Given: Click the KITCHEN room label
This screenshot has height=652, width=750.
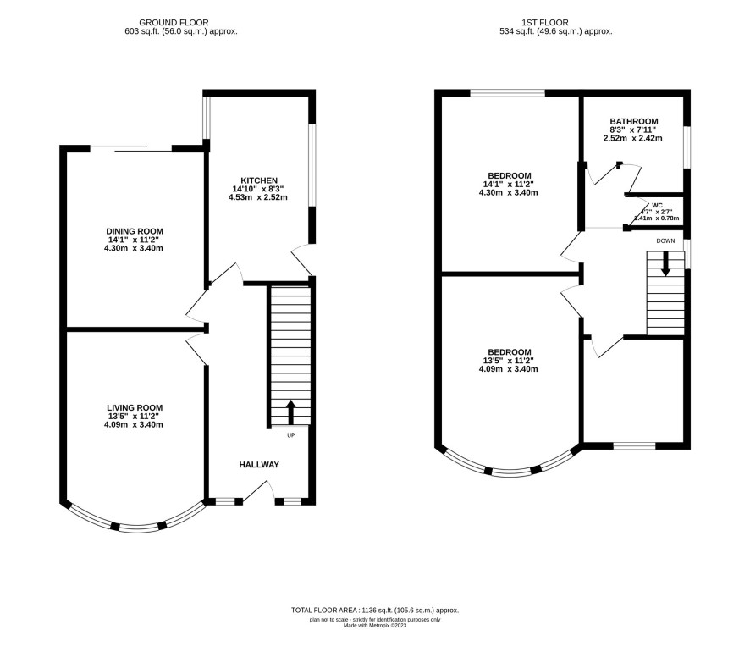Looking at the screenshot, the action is (x=259, y=180).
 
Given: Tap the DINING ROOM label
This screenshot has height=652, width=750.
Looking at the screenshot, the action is (x=135, y=231).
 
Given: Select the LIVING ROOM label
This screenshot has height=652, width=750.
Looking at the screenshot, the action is (x=135, y=407).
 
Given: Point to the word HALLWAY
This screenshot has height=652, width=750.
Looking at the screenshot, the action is (x=259, y=465).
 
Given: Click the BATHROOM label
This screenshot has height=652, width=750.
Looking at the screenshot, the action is (x=634, y=121).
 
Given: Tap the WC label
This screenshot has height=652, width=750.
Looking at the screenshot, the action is (x=657, y=205).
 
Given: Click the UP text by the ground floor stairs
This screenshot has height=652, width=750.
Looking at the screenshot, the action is (x=291, y=435).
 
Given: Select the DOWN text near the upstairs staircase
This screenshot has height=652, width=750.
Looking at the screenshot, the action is (x=665, y=240).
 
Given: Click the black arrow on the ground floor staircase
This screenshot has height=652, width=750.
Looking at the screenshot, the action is (x=290, y=412).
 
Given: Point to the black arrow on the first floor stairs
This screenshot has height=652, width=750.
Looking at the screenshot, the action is (x=665, y=264).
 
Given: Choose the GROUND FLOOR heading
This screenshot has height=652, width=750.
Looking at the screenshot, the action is (x=174, y=23).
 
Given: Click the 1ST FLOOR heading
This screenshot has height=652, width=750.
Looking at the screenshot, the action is (x=545, y=23).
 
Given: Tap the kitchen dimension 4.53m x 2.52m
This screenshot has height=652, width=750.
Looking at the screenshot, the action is (x=258, y=197).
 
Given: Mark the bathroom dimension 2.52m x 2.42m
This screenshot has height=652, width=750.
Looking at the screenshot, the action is (x=633, y=138).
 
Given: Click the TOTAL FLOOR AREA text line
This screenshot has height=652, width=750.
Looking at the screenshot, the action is (x=375, y=610).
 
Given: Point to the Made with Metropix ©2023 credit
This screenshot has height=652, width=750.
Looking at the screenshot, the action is (x=375, y=625).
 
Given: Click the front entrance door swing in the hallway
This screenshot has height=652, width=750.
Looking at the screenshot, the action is (x=258, y=492).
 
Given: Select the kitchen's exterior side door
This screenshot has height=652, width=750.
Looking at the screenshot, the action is (x=302, y=260).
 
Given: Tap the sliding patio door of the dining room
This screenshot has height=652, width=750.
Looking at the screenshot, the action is (x=130, y=148).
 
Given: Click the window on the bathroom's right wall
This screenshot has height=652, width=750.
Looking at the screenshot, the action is (x=687, y=147).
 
